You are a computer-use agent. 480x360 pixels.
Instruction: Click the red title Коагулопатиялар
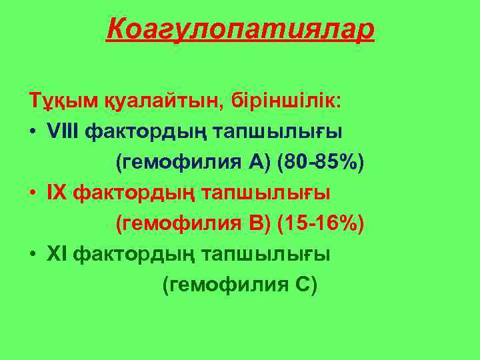coord(240,29)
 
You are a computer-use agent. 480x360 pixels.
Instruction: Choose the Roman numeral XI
coord(57,254)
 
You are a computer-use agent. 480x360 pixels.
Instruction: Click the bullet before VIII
coord(32,132)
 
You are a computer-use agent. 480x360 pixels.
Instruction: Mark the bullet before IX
coord(32,193)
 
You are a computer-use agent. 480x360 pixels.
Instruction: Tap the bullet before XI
coord(32,255)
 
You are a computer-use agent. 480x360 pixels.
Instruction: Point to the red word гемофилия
coord(173,223)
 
